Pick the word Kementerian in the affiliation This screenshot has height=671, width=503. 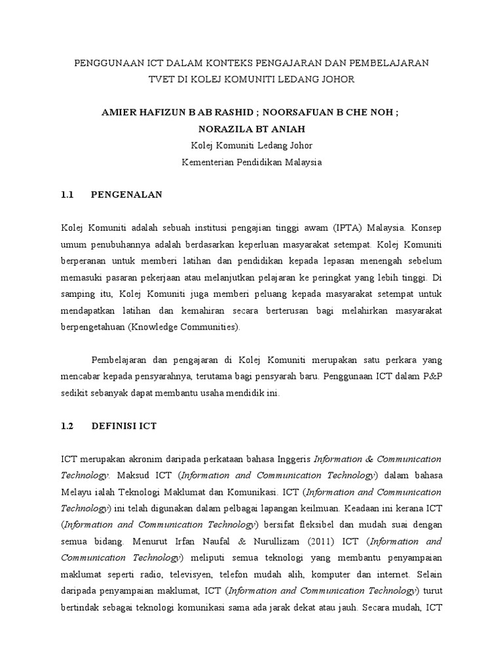[x=209, y=162]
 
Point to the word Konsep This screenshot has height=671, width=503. [x=426, y=229]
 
